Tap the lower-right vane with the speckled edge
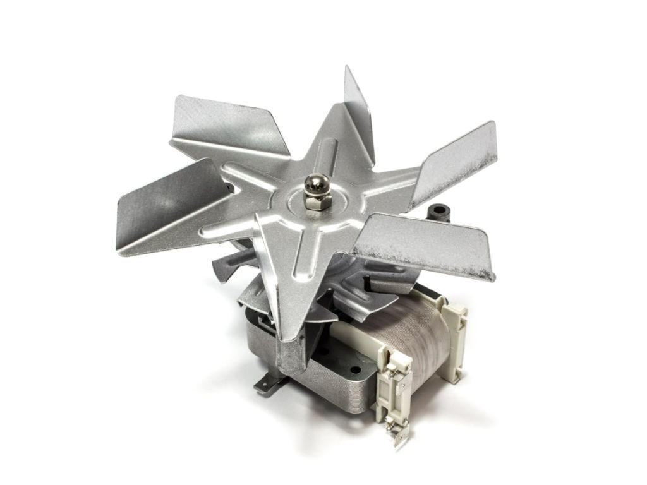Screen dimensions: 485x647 coord(430,246)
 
